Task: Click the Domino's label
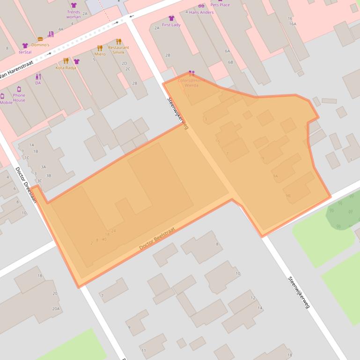pyautogui.click(x=40, y=45)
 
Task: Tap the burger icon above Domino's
pyautogui.click(x=40, y=39)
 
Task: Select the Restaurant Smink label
pyautogui.click(x=118, y=50)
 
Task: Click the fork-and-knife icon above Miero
pyautogui.click(x=100, y=48)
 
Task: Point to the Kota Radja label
pyautogui.click(x=66, y=68)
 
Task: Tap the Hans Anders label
pyautogui.click(x=201, y=12)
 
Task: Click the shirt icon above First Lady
pyautogui.click(x=171, y=18)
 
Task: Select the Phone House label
pyautogui.click(x=19, y=97)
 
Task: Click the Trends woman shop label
pyautogui.click(x=73, y=14)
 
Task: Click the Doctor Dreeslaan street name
pyautogui.click(x=26, y=185)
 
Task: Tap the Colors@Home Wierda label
pyautogui.click(x=191, y=83)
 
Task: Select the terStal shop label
pyautogui.click(x=25, y=52)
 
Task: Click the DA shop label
pyautogui.click(x=38, y=83)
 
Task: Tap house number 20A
pyautogui.click(x=56, y=309)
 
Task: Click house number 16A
pyautogui.click(x=293, y=24)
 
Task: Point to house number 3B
pyautogui.click(x=49, y=176)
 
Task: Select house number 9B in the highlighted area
pyautogui.click(x=288, y=195)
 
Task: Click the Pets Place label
pyautogui.click(x=220, y=5)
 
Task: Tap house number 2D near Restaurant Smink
pyautogui.click(x=125, y=63)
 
